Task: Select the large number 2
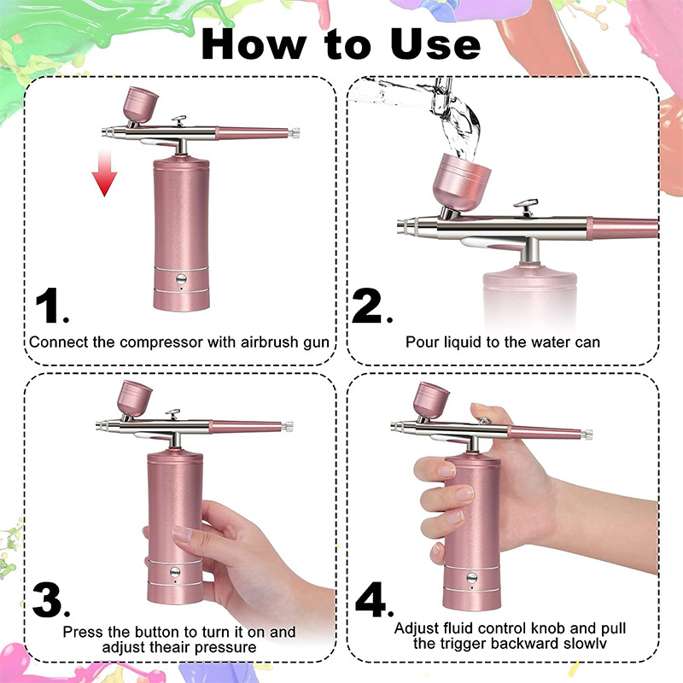370,306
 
